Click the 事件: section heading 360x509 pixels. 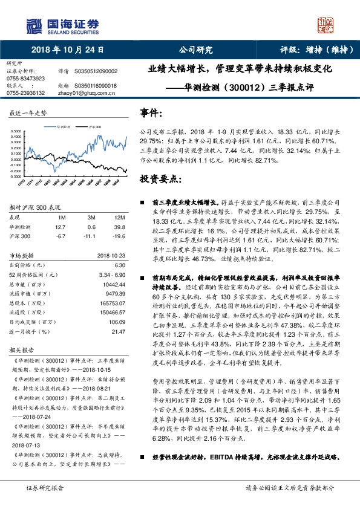pyautogui.click(x=151, y=113)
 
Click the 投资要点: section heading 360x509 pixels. pyautogui.click(x=160, y=180)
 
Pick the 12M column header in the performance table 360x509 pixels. pyautogui.click(x=119, y=217)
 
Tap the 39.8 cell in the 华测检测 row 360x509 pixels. pyautogui.click(x=119, y=227)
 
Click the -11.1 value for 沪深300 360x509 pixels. pyautogui.click(x=93, y=236)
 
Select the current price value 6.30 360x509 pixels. pyautogui.click(x=119, y=265)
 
